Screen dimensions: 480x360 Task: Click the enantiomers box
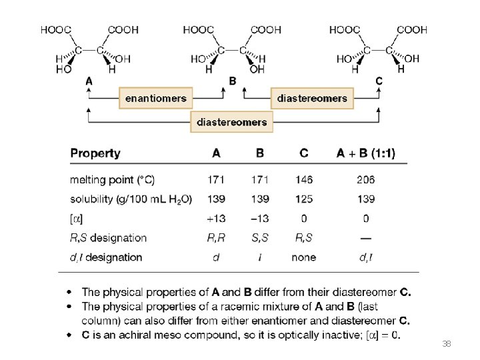[156, 98]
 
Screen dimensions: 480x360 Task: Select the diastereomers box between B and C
[312, 98]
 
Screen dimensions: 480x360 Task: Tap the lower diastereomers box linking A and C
[232, 121]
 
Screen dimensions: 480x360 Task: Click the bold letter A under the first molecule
[89, 81]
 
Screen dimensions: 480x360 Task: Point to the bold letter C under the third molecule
[379, 81]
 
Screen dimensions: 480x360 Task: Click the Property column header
[95, 153]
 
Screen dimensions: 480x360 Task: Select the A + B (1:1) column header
[365, 153]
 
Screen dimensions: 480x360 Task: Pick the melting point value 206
[365, 179]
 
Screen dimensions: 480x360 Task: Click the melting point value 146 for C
[303, 179]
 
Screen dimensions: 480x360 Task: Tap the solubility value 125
[303, 199]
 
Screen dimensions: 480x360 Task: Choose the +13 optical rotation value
[215, 218]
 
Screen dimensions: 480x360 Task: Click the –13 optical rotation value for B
[259, 218]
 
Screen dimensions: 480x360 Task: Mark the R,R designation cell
[216, 237]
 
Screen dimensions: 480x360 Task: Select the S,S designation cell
[259, 237]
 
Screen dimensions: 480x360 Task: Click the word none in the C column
[303, 257]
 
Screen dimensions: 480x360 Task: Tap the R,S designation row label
[108, 237]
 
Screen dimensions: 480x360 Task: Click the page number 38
[446, 344]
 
